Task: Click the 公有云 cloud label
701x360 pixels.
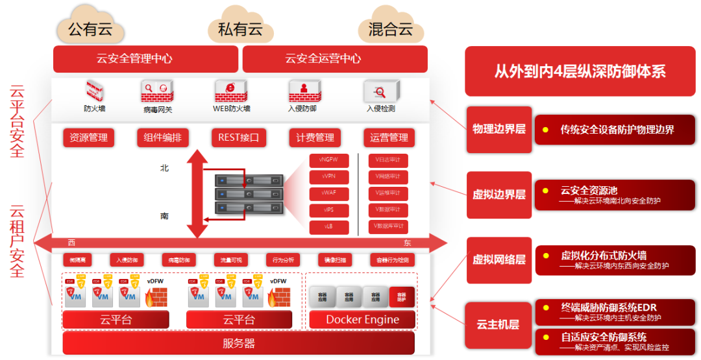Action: coord(90,29)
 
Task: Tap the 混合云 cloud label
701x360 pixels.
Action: coord(391,29)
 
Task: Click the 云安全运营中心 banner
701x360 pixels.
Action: coord(335,59)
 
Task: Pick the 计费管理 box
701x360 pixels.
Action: coord(315,138)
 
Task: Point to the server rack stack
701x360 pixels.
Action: coord(250,193)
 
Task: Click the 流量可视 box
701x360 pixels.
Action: coord(230,260)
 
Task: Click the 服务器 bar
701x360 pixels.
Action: coord(239,343)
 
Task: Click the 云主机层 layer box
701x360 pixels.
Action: coord(498,324)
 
